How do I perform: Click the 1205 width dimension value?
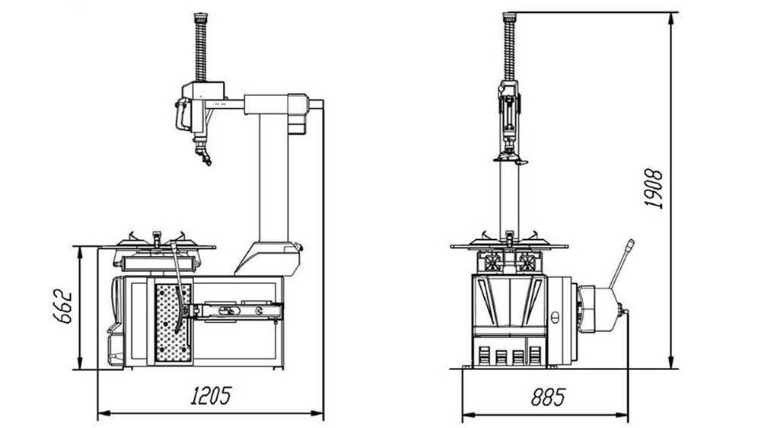(210, 395)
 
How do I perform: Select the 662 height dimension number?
(63, 306)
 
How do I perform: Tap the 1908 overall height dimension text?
(653, 189)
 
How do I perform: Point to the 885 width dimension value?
(547, 397)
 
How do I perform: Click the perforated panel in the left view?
(174, 323)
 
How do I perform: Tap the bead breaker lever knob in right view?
(630, 245)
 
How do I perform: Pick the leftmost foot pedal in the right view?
(486, 355)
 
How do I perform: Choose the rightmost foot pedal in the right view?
(535, 355)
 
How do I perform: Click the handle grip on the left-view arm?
(181, 115)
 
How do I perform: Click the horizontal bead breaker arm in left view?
(236, 311)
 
